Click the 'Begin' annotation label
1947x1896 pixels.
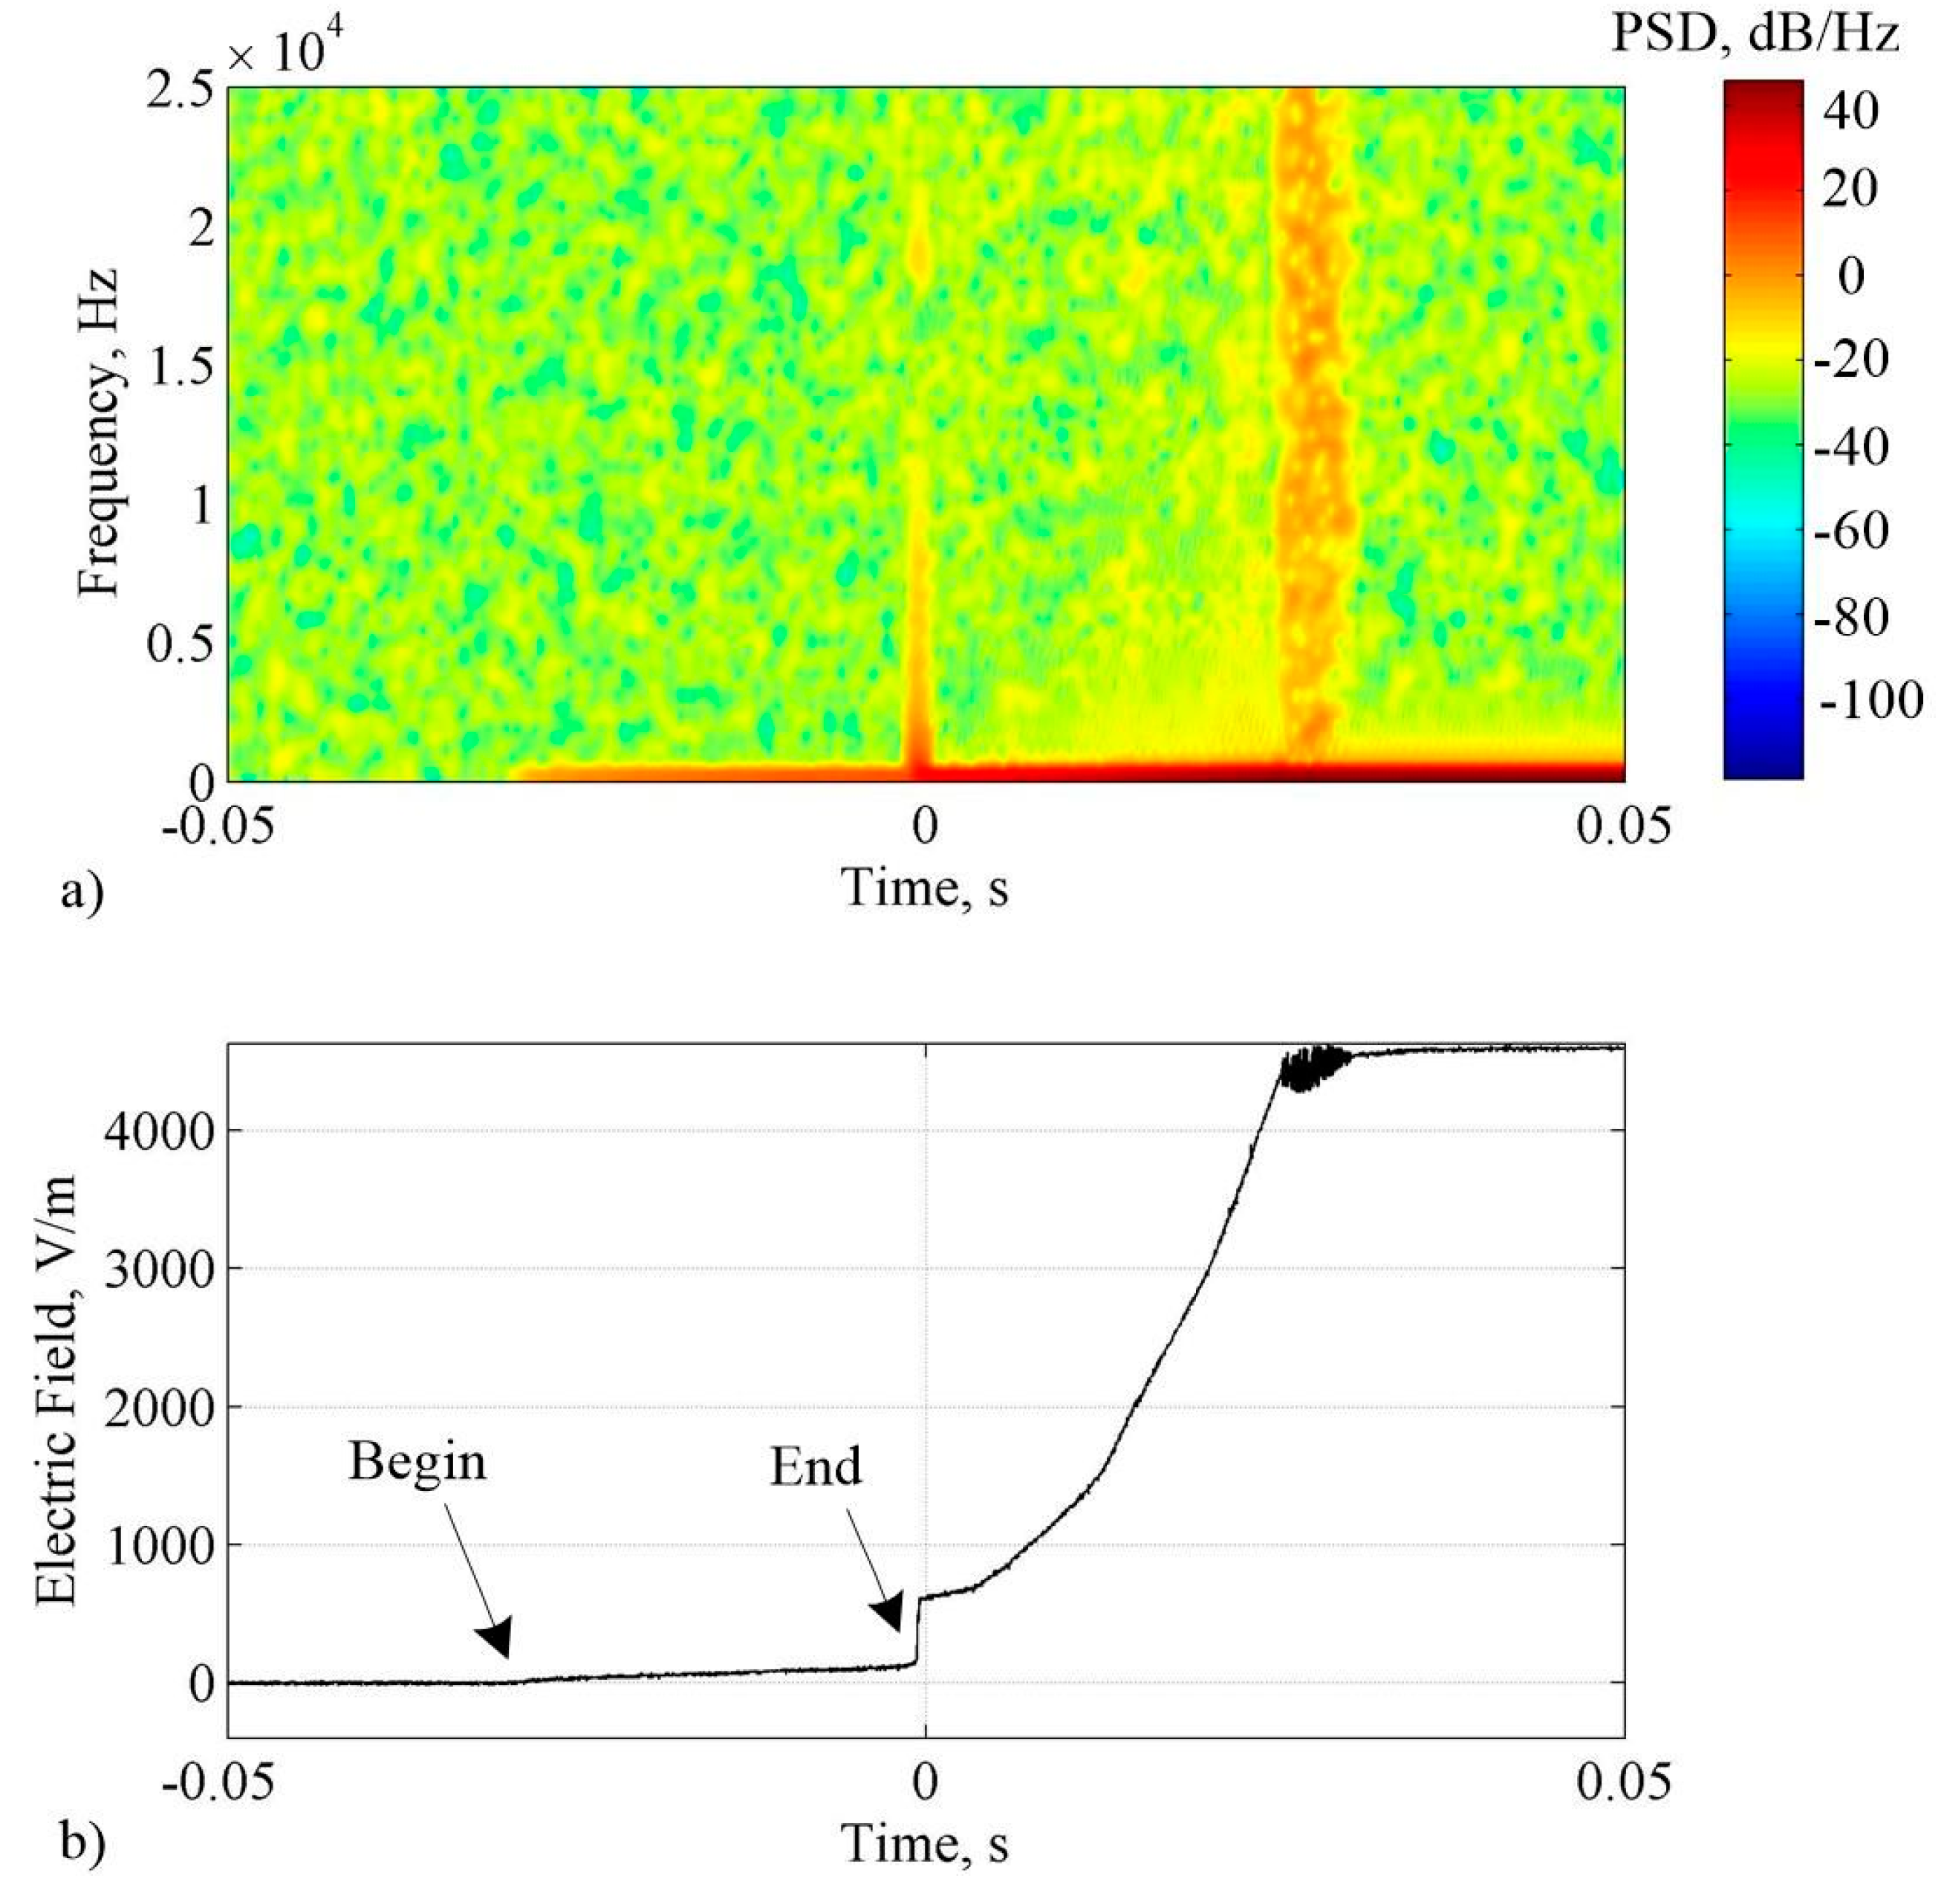click(417, 1463)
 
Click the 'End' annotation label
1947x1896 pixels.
click(815, 1467)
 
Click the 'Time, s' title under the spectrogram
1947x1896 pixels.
click(926, 885)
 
